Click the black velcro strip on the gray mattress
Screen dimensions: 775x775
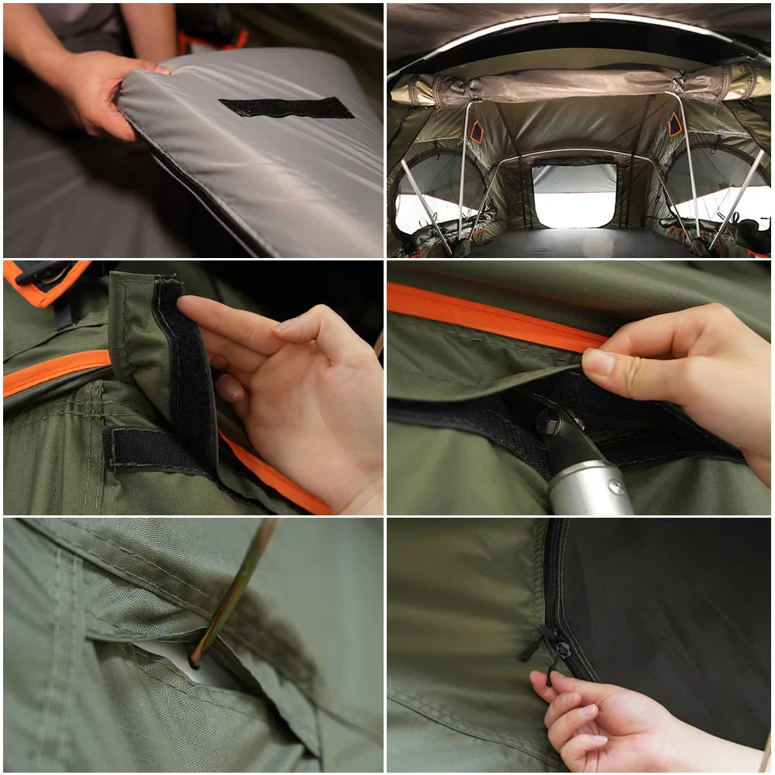287,108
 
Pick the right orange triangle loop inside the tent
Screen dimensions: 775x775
676,124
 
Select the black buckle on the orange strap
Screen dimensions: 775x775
39,273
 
